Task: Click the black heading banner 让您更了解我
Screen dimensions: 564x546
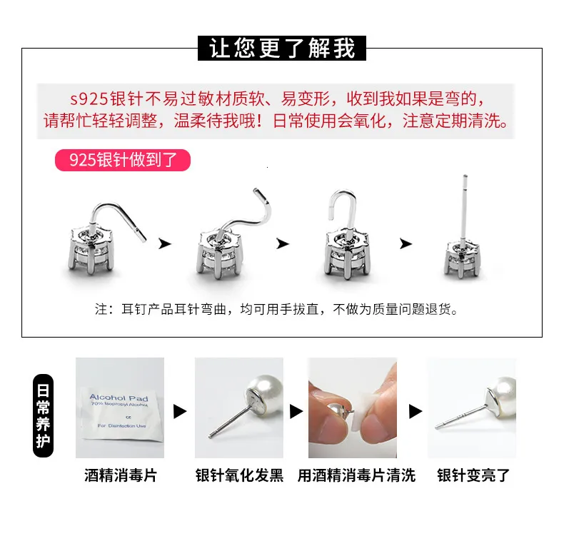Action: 281,48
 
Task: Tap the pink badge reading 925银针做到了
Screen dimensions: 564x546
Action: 123,160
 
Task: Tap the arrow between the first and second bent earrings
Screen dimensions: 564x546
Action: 165,243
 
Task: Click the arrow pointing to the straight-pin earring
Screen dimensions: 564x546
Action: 406,243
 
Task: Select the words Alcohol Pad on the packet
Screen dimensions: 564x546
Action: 119,398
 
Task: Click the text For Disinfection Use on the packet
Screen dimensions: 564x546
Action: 121,425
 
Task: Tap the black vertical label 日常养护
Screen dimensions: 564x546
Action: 43,416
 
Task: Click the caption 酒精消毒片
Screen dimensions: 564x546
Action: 121,475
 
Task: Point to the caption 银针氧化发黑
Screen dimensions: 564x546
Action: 239,475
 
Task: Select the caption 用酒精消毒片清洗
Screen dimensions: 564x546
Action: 356,475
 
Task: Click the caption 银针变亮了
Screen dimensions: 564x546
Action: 473,475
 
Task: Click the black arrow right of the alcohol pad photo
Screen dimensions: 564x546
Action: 180,412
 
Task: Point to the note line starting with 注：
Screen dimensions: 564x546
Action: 276,309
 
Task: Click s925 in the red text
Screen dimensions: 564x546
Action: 89,99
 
